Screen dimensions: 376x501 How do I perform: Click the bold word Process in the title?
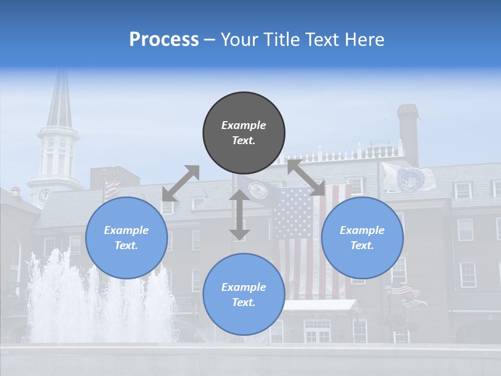pos(164,40)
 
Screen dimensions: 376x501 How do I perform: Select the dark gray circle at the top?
pos(244,133)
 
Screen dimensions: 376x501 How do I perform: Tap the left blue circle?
pos(126,238)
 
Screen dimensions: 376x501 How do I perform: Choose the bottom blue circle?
pos(244,295)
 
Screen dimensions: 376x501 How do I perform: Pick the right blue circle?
pos(362,238)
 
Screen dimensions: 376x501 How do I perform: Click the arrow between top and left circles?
pos(181,183)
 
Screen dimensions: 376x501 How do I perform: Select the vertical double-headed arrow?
pos(240,215)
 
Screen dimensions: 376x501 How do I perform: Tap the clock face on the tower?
pos(45,196)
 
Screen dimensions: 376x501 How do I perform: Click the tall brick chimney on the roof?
pos(408,133)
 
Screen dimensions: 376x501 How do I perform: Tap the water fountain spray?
pos(99,298)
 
